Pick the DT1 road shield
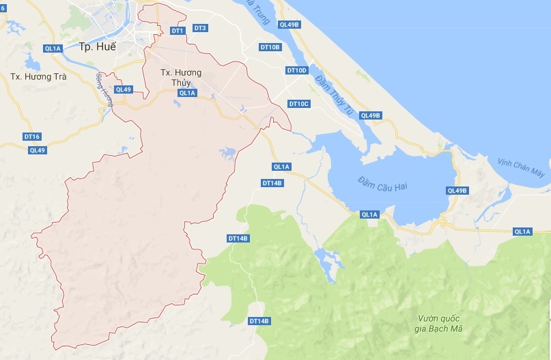coord(177,31)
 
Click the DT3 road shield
coord(200,28)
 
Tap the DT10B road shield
coord(270,47)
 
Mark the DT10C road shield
coord(299,104)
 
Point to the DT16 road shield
coord(32,137)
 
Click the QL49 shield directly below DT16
coord(37,150)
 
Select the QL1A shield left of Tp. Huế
coord(52,49)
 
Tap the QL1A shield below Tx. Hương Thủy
coord(187,93)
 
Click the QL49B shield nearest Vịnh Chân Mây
coord(457,191)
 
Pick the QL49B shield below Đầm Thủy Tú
coord(370,115)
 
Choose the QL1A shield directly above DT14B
coord(281,167)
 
